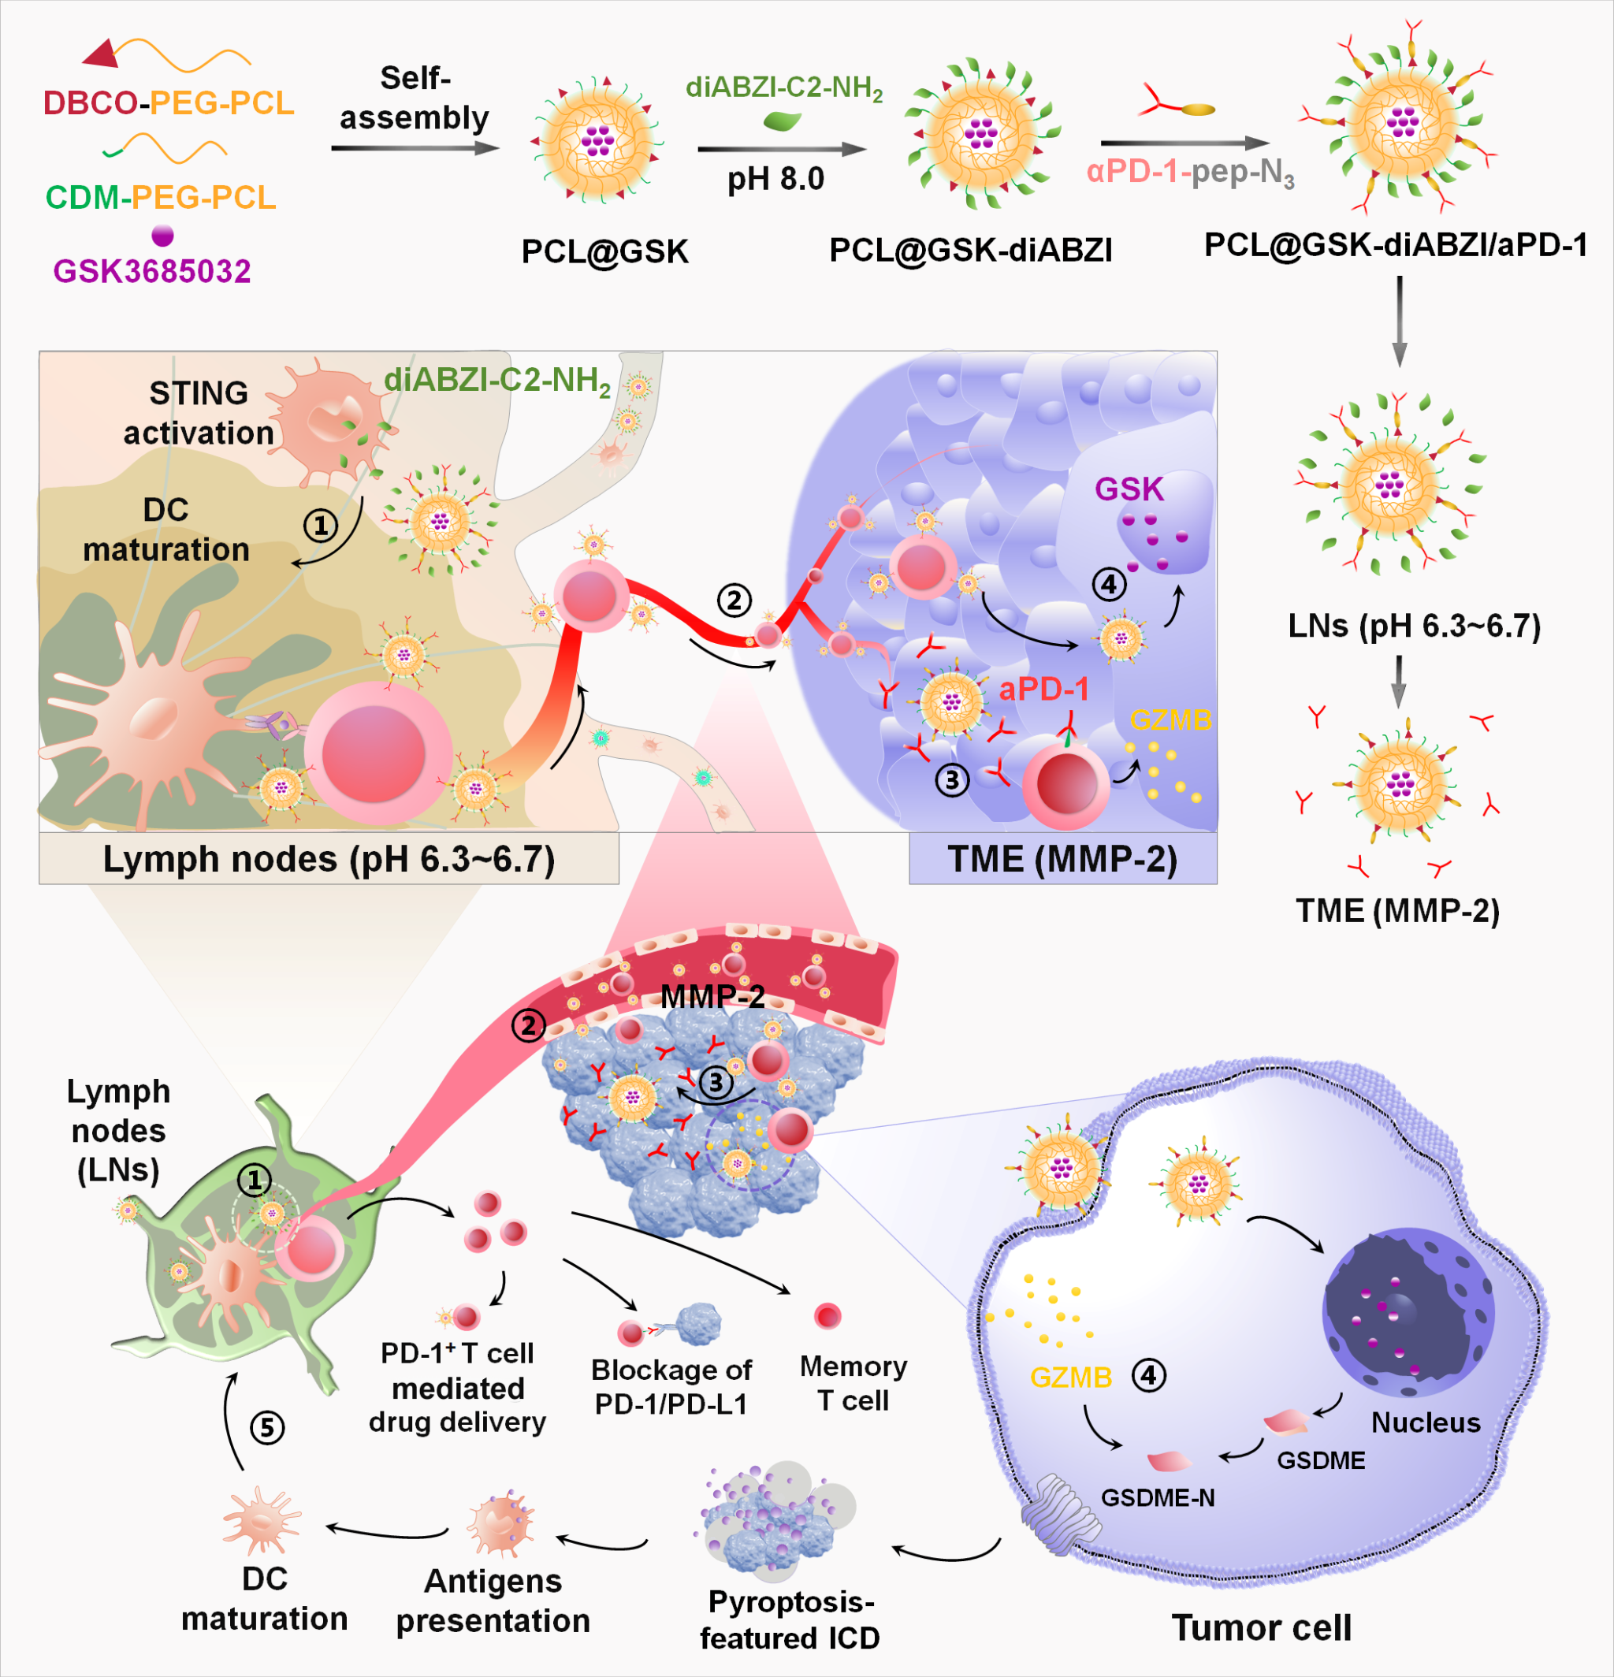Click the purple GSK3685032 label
click(151, 271)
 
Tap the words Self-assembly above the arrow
click(415, 99)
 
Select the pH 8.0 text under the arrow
click(775, 179)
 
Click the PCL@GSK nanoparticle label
click(605, 251)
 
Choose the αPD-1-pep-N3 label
click(1189, 173)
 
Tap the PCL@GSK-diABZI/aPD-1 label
click(1396, 246)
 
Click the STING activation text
click(199, 413)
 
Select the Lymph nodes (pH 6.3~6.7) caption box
click(329, 858)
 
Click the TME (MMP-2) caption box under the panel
click(1062, 858)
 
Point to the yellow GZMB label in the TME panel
click(1170, 720)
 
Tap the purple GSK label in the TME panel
click(1129, 489)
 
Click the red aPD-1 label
click(1043, 689)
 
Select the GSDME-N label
click(1157, 1497)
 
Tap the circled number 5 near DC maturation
click(267, 1427)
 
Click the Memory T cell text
click(853, 1383)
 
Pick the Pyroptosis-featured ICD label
click(790, 1619)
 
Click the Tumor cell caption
click(1261, 1627)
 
